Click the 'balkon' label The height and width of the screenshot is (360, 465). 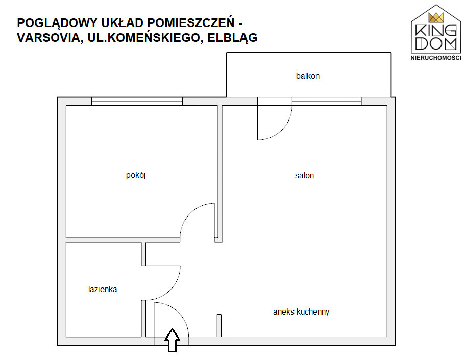click(307, 76)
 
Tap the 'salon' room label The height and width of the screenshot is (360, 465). click(304, 176)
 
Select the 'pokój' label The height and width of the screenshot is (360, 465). click(136, 175)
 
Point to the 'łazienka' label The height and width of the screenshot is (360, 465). click(103, 290)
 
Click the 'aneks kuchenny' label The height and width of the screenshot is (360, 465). click(301, 312)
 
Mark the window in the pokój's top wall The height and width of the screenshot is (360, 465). click(137, 101)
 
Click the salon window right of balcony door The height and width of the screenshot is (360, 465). click(327, 101)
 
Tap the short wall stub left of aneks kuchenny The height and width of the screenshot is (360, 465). click(219, 325)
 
